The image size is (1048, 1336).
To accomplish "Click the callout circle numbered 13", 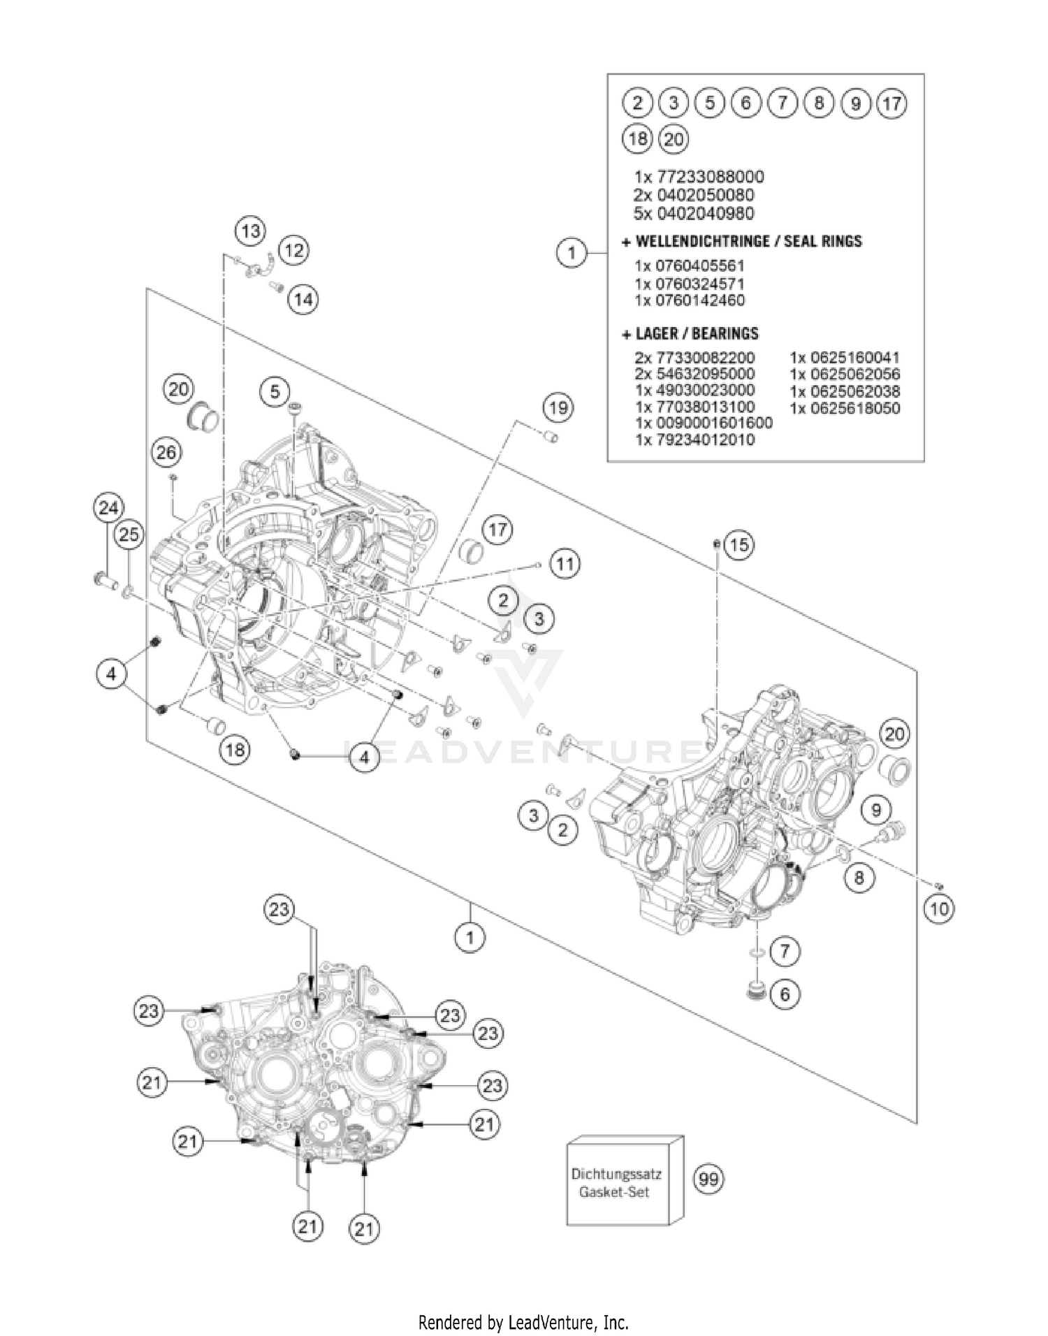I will click(x=250, y=230).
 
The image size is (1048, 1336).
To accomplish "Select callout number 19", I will click(x=558, y=407).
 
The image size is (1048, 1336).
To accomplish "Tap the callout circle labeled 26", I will click(x=166, y=452).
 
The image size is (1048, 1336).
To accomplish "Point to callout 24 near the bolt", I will click(x=108, y=508).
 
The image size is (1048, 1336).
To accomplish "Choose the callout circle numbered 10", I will click(x=939, y=909).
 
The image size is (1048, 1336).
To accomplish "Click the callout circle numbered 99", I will click(x=708, y=1179).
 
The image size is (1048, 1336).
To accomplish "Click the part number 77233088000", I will click(x=699, y=177).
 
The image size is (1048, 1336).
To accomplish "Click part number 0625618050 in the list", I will click(x=845, y=408).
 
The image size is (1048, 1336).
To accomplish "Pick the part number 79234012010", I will click(x=694, y=440).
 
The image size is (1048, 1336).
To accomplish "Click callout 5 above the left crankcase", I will click(x=275, y=391).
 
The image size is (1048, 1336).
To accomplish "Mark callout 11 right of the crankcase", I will click(x=565, y=563).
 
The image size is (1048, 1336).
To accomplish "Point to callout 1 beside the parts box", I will click(x=572, y=252).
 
